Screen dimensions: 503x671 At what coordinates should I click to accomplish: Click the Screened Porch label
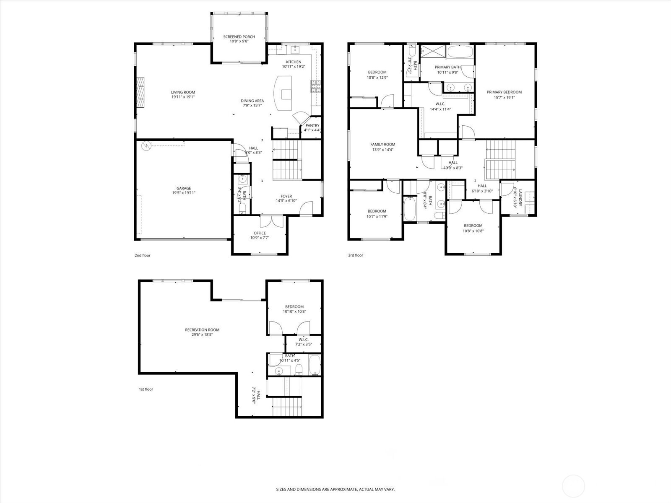point(239,37)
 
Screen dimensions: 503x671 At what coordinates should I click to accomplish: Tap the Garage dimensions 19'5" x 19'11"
point(183,193)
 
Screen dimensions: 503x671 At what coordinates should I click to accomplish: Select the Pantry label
point(312,125)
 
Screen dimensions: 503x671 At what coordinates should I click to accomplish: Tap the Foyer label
point(286,196)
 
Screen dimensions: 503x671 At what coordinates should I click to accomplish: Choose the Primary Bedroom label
point(504,92)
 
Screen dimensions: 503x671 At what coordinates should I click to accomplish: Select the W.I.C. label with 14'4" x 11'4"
point(440,104)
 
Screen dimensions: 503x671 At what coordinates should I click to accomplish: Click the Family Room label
point(382,144)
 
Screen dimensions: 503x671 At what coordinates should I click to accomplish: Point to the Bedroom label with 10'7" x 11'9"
point(377,211)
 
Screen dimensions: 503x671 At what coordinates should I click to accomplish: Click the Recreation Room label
point(202,330)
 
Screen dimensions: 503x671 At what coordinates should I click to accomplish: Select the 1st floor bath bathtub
point(315,365)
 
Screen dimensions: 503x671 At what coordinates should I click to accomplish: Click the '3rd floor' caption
point(355,255)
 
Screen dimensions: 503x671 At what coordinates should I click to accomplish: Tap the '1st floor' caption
point(146,389)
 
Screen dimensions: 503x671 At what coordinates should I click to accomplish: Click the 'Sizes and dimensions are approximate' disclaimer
point(335,489)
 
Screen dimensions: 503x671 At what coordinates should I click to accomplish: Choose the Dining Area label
point(252,101)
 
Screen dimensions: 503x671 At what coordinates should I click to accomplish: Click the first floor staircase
point(287,406)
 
